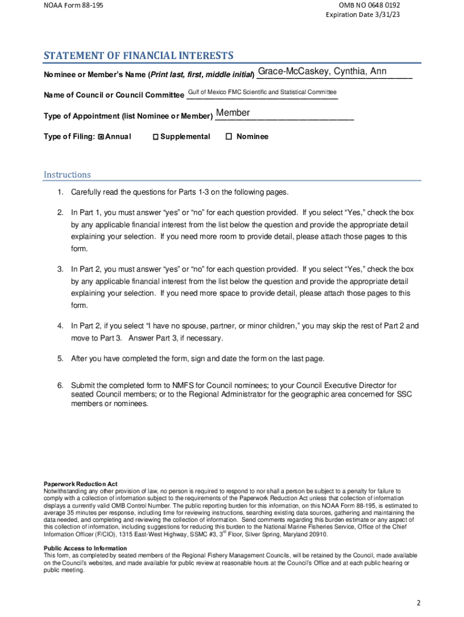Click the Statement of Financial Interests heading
[138, 56]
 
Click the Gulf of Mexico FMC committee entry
[262, 92]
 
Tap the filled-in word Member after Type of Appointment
[233, 113]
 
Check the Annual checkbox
[101, 137]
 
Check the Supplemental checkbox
[155, 137]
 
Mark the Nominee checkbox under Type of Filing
[228, 136]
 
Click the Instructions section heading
[67, 175]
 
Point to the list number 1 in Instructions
[60, 192]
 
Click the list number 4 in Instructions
[60, 326]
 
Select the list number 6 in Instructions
[60, 385]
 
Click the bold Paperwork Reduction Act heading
[80, 484]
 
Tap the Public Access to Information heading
[85, 548]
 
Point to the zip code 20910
[318, 534]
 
